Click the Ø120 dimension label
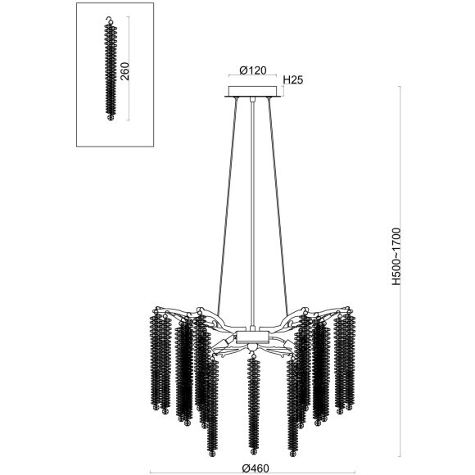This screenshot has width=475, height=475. click(252, 70)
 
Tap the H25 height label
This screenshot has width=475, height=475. click(293, 80)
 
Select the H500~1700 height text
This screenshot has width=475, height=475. click(396, 256)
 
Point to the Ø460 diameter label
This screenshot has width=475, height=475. click(256, 468)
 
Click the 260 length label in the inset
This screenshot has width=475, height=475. click(124, 71)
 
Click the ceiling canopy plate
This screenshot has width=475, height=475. click(252, 92)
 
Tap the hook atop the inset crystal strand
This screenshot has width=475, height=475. click(110, 20)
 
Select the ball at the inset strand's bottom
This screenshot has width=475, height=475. click(111, 117)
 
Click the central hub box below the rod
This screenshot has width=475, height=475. click(252, 337)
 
